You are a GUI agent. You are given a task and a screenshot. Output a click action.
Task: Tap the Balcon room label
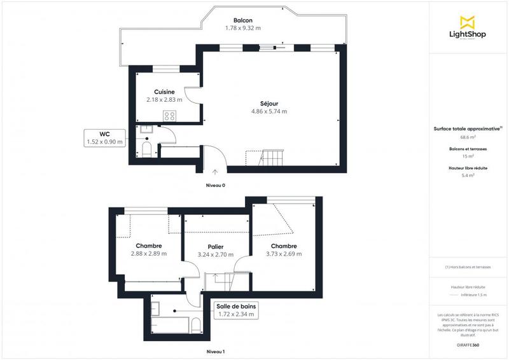pos(243,20)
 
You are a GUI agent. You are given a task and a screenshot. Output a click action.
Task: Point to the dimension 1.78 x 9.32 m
pos(243,28)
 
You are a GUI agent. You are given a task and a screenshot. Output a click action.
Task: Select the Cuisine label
pos(164,92)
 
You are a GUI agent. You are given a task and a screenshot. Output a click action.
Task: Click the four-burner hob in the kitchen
pos(170,115)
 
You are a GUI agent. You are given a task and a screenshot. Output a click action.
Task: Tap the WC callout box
pos(106,138)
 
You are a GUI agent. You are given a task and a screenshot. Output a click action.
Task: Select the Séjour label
pos(269,104)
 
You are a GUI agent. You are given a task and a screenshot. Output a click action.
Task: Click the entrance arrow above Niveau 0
pos(215,172)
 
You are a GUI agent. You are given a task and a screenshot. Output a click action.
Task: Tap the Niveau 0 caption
pos(215,185)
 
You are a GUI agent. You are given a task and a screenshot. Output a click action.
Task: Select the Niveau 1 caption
pos(215,351)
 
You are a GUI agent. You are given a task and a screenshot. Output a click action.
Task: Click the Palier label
pos(216,246)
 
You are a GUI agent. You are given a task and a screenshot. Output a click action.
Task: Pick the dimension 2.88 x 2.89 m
pos(148,254)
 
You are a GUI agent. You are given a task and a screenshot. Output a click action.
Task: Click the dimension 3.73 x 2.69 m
pos(284,254)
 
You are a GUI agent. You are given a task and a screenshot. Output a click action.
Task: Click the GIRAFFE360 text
pos(468,343)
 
